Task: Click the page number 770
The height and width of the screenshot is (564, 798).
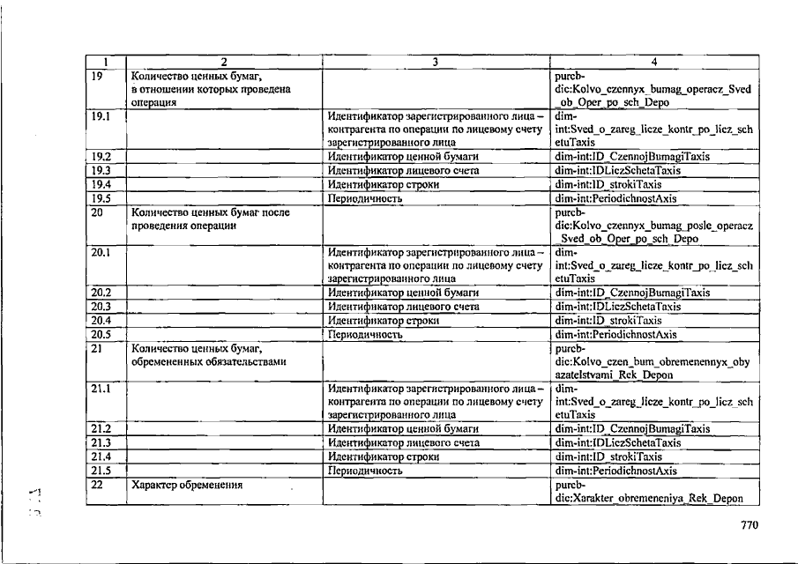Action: click(750, 526)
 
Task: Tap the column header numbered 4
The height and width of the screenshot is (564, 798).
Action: click(653, 62)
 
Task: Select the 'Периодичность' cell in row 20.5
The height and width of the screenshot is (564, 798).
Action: click(365, 335)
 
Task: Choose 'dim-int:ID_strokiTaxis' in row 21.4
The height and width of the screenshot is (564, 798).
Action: click(608, 456)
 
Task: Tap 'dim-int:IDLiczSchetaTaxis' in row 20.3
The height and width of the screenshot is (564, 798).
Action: click(618, 307)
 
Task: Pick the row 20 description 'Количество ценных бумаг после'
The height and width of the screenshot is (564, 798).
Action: click(210, 211)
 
